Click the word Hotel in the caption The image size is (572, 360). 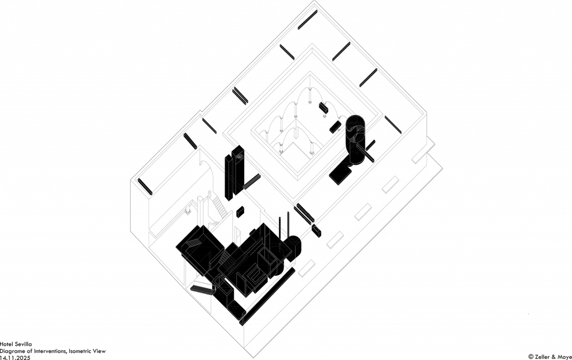[7, 344]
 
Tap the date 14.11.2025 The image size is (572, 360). [15, 358]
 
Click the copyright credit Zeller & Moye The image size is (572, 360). [550, 356]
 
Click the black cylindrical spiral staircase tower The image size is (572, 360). [355, 140]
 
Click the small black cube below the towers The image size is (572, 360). [240, 212]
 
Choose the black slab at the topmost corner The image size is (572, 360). [308, 20]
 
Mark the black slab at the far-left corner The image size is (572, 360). [145, 186]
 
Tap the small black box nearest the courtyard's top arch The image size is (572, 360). [323, 108]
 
